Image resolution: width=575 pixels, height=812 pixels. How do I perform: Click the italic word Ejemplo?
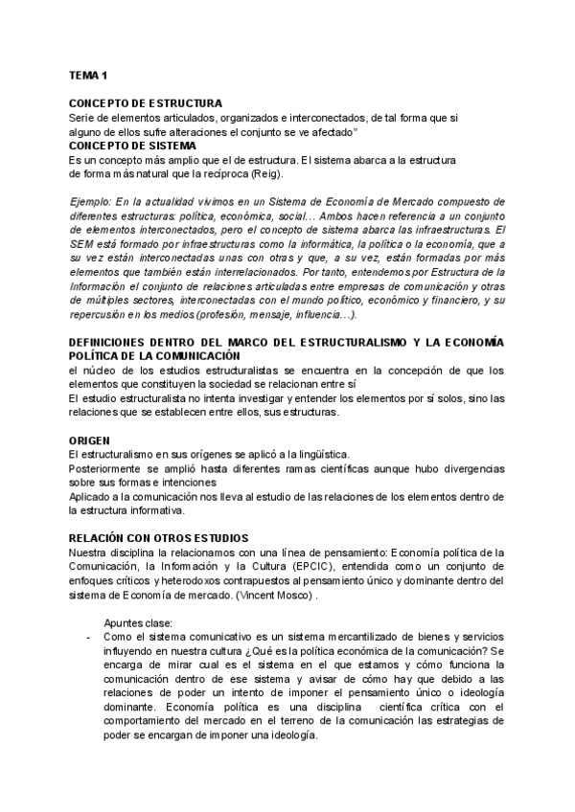tap(93, 202)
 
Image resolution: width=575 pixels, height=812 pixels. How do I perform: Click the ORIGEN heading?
tap(92, 440)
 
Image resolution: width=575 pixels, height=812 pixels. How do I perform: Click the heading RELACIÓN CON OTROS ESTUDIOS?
tap(159, 538)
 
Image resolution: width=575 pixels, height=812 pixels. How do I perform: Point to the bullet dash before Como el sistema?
tap(89, 637)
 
